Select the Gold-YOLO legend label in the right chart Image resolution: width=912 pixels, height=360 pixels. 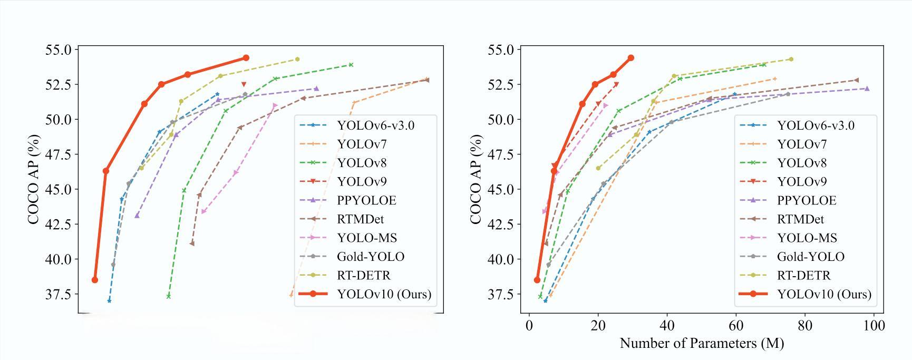click(810, 257)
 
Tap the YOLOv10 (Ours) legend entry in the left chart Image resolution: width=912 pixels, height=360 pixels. click(384, 294)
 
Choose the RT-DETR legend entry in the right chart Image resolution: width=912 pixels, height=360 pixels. click(803, 275)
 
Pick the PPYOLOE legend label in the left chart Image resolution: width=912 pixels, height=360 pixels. click(366, 200)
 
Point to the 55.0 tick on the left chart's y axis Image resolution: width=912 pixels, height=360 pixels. click(59, 50)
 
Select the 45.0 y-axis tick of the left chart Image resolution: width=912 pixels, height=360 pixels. click(59, 189)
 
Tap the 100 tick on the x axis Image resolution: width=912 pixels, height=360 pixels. click(874, 326)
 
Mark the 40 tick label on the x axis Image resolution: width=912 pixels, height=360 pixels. click(667, 326)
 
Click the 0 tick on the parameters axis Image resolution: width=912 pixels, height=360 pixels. click(529, 326)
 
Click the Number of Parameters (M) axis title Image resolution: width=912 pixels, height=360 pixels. click(702, 344)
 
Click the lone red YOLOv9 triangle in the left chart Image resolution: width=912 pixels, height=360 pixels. click(244, 84)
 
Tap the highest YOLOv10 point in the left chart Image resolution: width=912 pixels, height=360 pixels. click(246, 58)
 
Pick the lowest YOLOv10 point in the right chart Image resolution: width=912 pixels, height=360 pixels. click(537, 280)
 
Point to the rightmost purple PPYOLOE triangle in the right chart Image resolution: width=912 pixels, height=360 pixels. click(867, 89)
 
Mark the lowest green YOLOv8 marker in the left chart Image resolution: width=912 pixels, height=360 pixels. click(169, 296)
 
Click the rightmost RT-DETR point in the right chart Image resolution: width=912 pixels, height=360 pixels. click(791, 59)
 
